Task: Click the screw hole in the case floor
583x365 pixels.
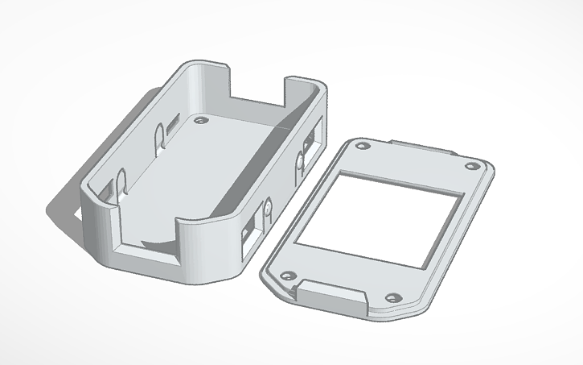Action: point(199,120)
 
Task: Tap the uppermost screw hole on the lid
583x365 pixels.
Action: point(363,147)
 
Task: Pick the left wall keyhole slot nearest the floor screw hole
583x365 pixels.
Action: point(158,134)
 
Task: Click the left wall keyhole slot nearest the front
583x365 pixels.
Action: point(122,182)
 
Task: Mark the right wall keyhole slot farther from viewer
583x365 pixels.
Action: point(300,165)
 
